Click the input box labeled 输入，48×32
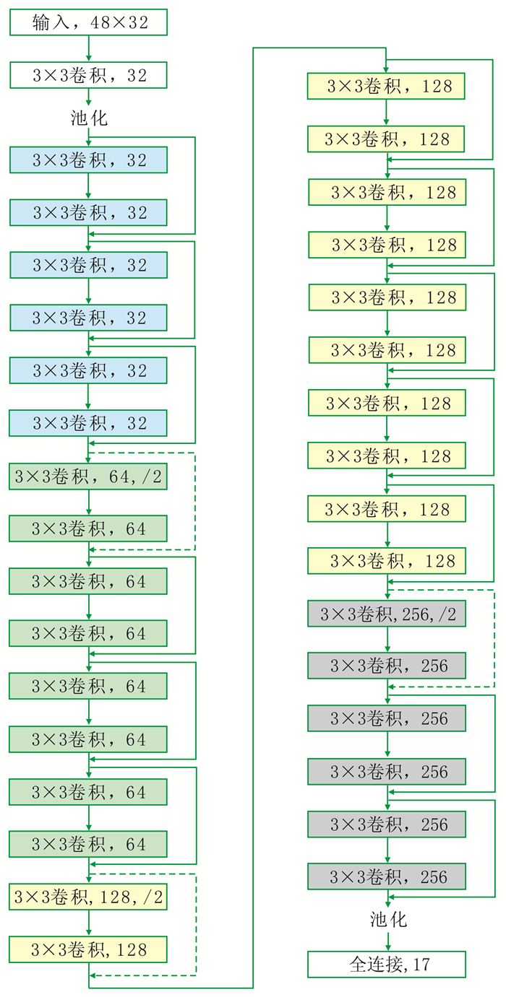tap(88, 22)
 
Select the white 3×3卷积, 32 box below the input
tap(88, 75)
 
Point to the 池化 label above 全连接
tap(388, 919)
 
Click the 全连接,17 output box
tap(387, 965)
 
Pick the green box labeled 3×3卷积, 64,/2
tap(88, 476)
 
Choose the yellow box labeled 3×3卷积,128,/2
tap(88, 897)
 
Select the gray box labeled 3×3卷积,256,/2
tap(387, 614)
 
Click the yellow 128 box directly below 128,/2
tap(88, 950)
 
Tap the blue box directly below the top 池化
tap(88, 160)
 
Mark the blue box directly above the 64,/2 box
tap(88, 423)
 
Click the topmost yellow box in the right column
tap(387, 86)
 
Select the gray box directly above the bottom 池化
tap(387, 876)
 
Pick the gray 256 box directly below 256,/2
tap(387, 666)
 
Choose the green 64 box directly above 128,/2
tap(88, 844)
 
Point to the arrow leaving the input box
tap(88, 48)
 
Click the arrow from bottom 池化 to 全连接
tap(387, 940)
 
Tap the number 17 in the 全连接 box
tap(422, 965)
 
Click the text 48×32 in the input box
tap(119, 22)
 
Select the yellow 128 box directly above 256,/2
tap(387, 561)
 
